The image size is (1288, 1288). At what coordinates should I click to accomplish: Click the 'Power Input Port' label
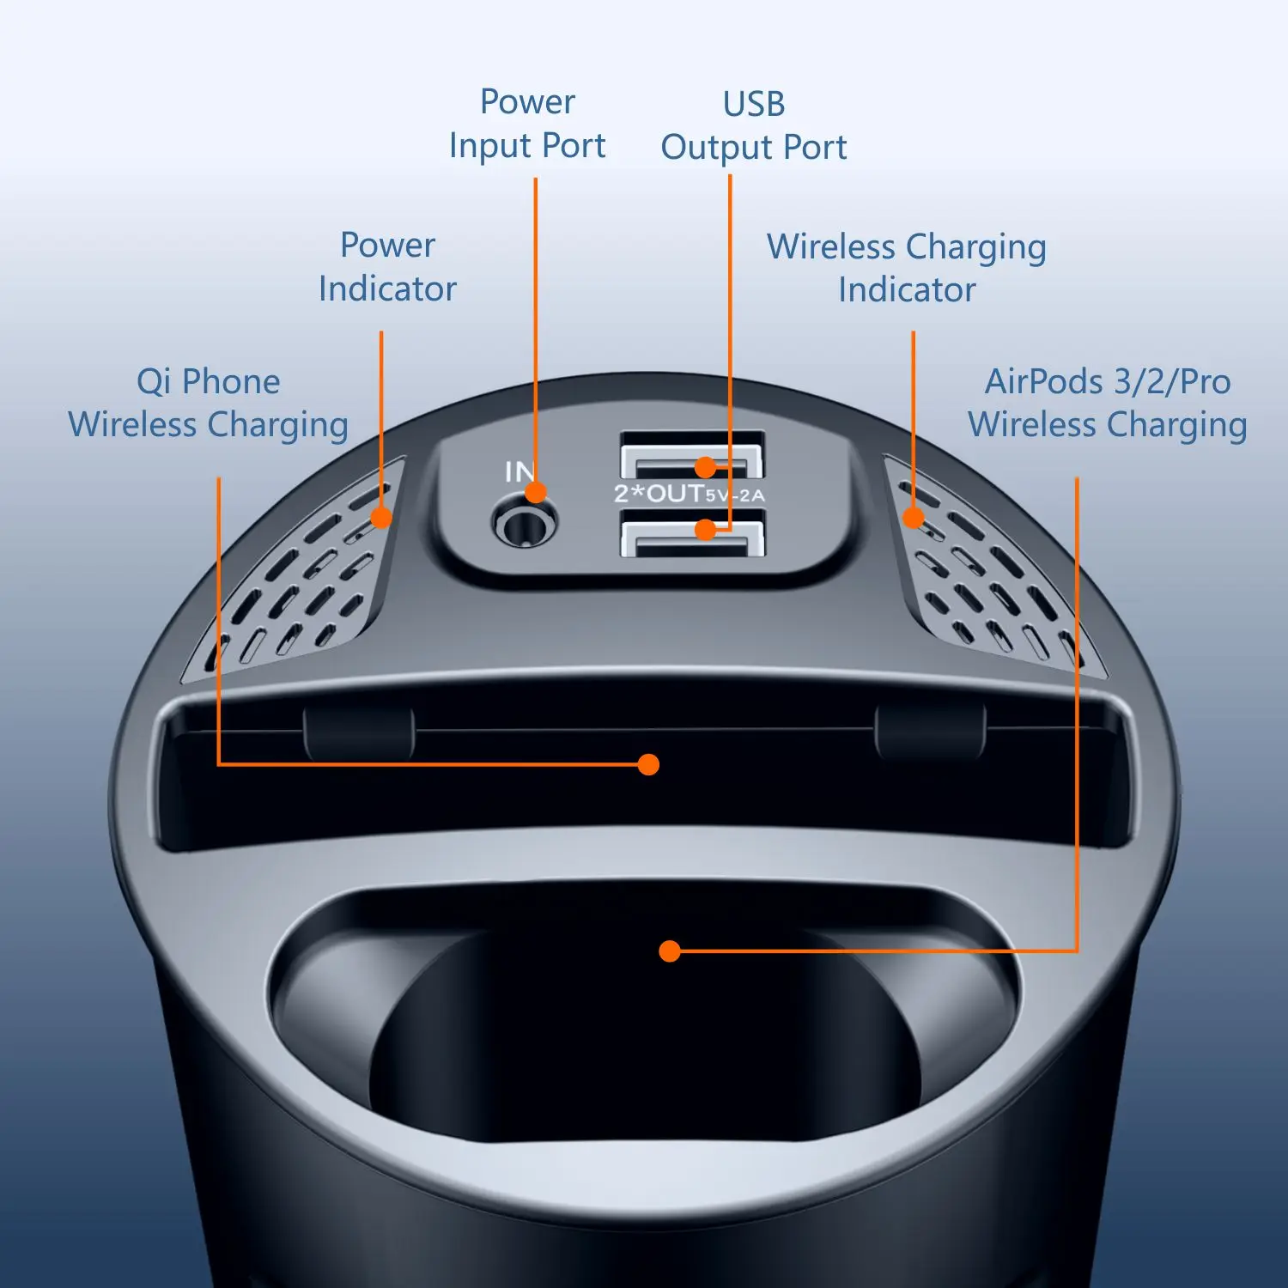[x=527, y=125]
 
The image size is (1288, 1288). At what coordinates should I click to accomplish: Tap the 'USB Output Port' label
[x=753, y=126]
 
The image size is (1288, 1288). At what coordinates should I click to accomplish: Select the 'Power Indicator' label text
[x=387, y=267]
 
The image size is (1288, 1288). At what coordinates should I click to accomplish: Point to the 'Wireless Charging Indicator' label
[x=907, y=268]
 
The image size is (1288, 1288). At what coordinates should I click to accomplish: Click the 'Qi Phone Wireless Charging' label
[x=209, y=404]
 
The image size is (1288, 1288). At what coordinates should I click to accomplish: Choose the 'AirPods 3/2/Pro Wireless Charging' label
[x=1108, y=404]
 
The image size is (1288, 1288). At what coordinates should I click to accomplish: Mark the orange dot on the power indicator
[x=381, y=517]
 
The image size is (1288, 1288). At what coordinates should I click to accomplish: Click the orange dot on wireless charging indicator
[x=914, y=517]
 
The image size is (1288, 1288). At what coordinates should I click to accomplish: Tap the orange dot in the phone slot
[x=649, y=764]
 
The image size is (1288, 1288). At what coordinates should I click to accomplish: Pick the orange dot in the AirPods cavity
[x=670, y=951]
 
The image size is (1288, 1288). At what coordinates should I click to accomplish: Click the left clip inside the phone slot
[x=359, y=733]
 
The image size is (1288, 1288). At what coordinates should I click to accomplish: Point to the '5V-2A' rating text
[x=735, y=495]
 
